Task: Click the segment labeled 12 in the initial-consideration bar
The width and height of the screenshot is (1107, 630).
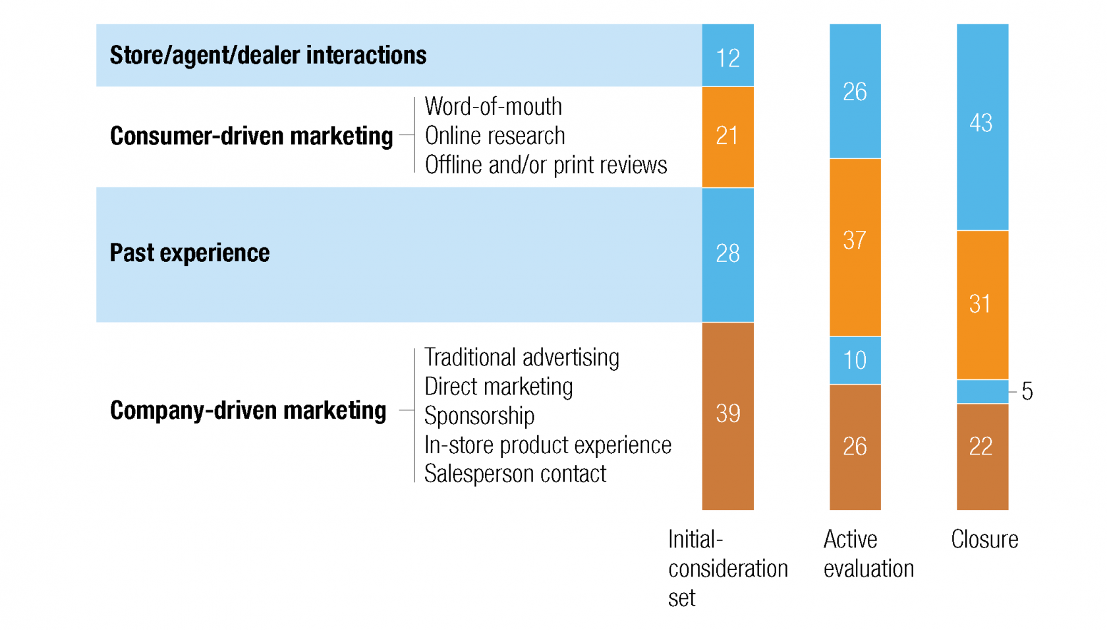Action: click(x=727, y=55)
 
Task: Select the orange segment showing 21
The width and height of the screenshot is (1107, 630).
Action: click(x=727, y=137)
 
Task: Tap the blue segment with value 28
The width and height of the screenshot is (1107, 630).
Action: click(x=727, y=255)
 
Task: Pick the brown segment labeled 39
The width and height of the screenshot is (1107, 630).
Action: click(x=727, y=416)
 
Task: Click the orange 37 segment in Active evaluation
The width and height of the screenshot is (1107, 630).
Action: click(x=855, y=247)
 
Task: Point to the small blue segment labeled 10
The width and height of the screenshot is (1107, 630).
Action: click(x=855, y=360)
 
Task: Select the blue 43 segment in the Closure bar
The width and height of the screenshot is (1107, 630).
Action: click(x=982, y=127)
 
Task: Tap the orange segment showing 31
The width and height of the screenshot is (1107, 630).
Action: click(x=982, y=305)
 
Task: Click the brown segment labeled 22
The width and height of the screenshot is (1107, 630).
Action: click(x=982, y=457)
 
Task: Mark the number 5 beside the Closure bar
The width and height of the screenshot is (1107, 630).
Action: click(x=1027, y=391)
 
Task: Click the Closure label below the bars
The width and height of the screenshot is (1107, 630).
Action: click(x=984, y=540)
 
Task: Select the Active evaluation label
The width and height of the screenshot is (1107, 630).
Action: click(x=868, y=553)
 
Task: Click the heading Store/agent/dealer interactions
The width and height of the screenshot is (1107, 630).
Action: click(x=268, y=55)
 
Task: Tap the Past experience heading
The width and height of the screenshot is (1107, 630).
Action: click(x=190, y=253)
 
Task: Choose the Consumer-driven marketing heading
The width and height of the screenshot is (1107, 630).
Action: click(x=251, y=136)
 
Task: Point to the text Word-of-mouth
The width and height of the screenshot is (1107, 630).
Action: click(x=493, y=106)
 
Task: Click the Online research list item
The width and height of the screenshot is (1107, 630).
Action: click(x=495, y=136)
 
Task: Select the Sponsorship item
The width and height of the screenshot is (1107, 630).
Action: click(x=480, y=416)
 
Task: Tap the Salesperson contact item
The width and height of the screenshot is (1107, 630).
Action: click(x=515, y=474)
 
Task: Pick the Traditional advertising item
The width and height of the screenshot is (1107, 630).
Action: click(x=521, y=358)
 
